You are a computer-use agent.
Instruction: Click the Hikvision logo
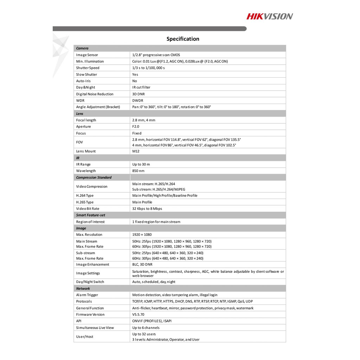click(269, 16)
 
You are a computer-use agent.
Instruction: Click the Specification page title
click(183, 39)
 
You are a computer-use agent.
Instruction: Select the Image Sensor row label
click(87, 55)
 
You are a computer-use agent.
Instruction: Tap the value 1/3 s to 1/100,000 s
click(148, 68)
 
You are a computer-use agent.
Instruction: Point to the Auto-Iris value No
click(135, 81)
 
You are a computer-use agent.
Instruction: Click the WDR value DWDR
click(138, 101)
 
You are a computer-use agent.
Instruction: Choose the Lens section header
click(80, 114)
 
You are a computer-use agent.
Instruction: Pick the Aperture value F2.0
click(136, 127)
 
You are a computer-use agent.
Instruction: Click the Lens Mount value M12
click(136, 151)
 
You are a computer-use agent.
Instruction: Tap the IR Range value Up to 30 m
click(143, 164)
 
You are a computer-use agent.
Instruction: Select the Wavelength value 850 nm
click(138, 171)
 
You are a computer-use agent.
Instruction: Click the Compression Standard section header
click(94, 178)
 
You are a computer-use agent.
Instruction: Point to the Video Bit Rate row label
click(88, 208)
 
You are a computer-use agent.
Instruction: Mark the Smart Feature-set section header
click(91, 215)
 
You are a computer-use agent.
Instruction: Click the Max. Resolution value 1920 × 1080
click(142, 234)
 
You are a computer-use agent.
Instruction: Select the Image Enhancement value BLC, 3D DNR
click(142, 264)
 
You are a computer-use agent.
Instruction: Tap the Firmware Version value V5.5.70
click(138, 315)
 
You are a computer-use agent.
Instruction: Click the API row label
click(79, 321)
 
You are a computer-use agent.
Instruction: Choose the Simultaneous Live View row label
click(95, 328)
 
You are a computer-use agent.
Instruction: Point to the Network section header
click(83, 288)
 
